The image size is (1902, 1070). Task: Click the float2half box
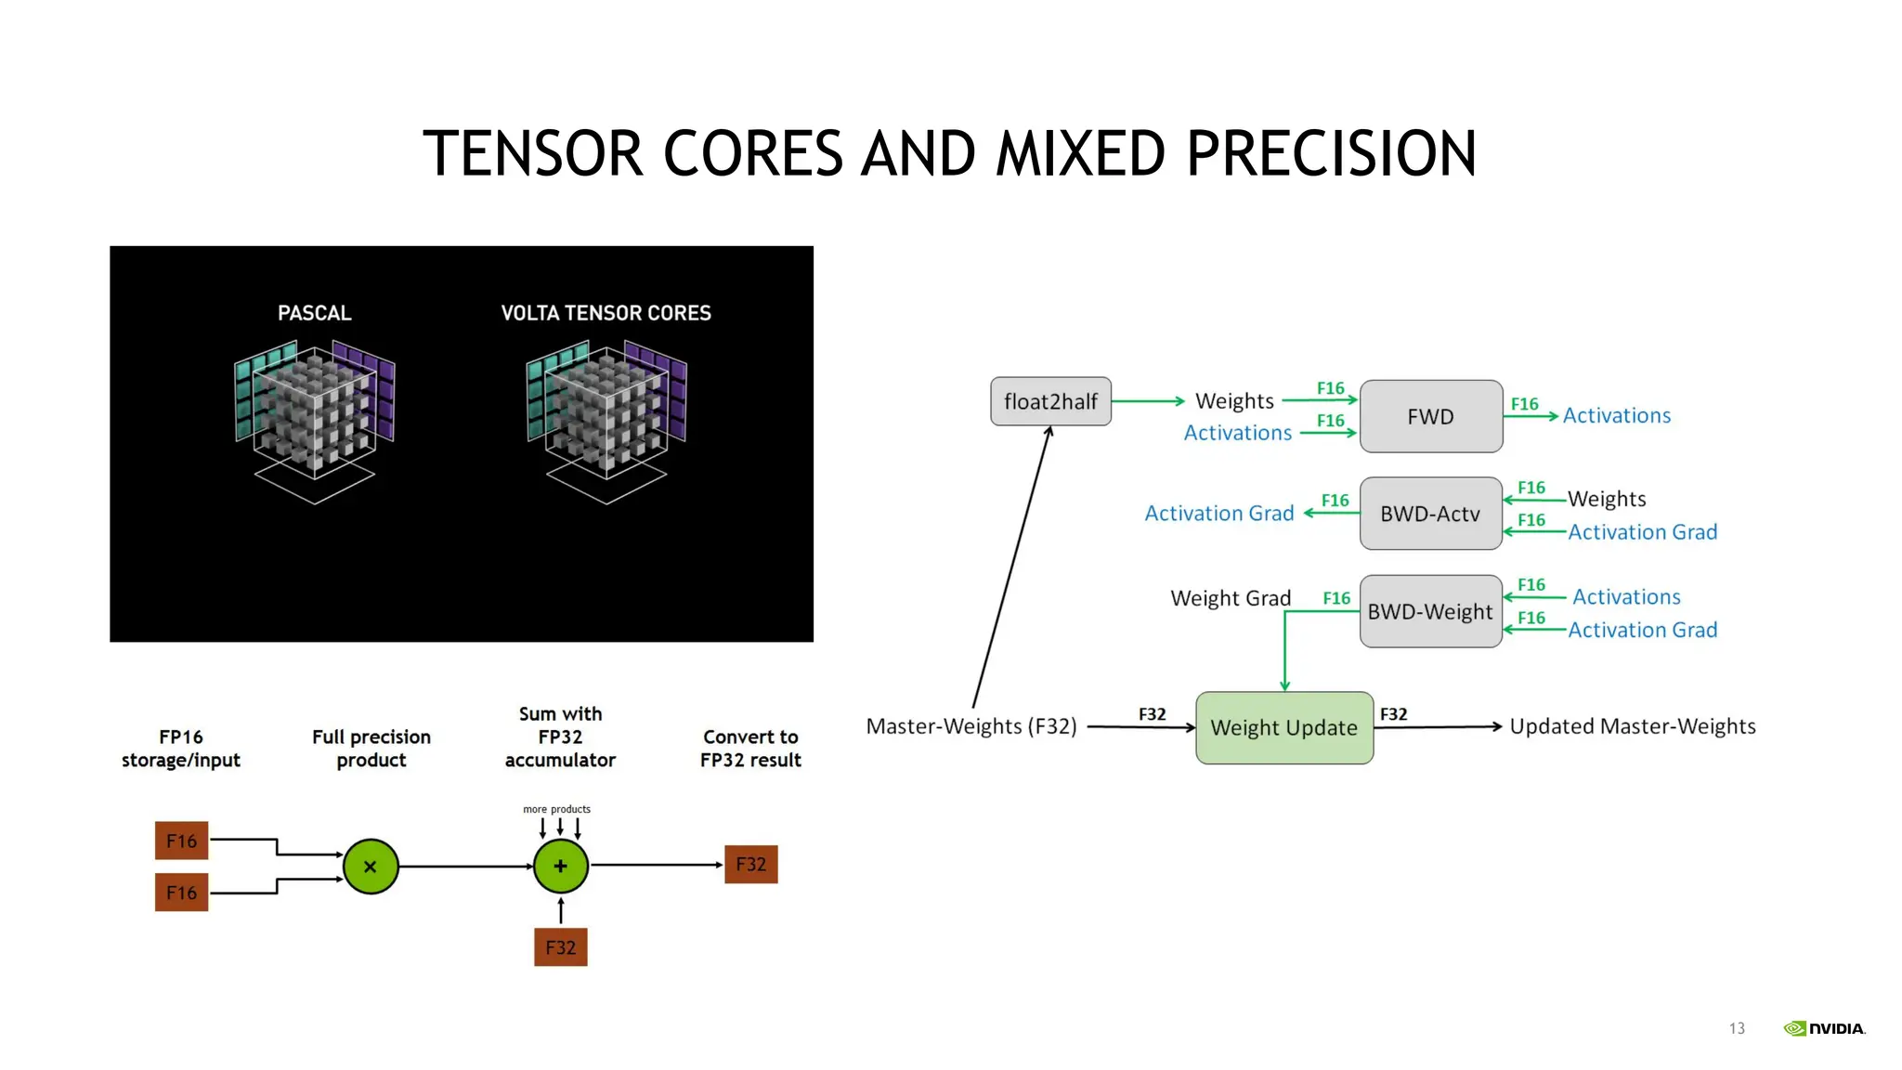pyautogui.click(x=1050, y=401)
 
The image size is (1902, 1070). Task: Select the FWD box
pyautogui.click(x=1430, y=416)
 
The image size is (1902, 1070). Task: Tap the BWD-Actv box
pyautogui.click(x=1430, y=514)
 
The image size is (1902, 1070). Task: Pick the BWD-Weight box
pyautogui.click(x=1430, y=611)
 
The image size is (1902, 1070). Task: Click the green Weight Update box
pyautogui.click(x=1283, y=727)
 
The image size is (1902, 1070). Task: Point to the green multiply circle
pyautogui.click(x=371, y=867)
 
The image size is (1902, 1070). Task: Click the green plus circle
pyautogui.click(x=561, y=866)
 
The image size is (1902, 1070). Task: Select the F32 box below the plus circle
pyautogui.click(x=561, y=947)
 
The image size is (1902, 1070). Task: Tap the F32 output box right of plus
pyautogui.click(x=750, y=865)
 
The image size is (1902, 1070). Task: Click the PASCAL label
pyautogui.click(x=315, y=313)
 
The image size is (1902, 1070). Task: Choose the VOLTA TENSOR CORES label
pyautogui.click(x=606, y=313)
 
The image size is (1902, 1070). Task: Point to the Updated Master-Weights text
pyautogui.click(x=1632, y=726)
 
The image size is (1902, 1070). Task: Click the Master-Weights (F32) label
pyautogui.click(x=971, y=726)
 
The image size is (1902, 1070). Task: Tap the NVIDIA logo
pyautogui.click(x=1824, y=1028)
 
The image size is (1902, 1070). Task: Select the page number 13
pyautogui.click(x=1737, y=1028)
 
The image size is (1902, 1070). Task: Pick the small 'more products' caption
pyautogui.click(x=556, y=809)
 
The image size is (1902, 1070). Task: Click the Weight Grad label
pyautogui.click(x=1231, y=598)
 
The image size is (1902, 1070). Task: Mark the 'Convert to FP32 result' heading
pyautogui.click(x=750, y=749)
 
